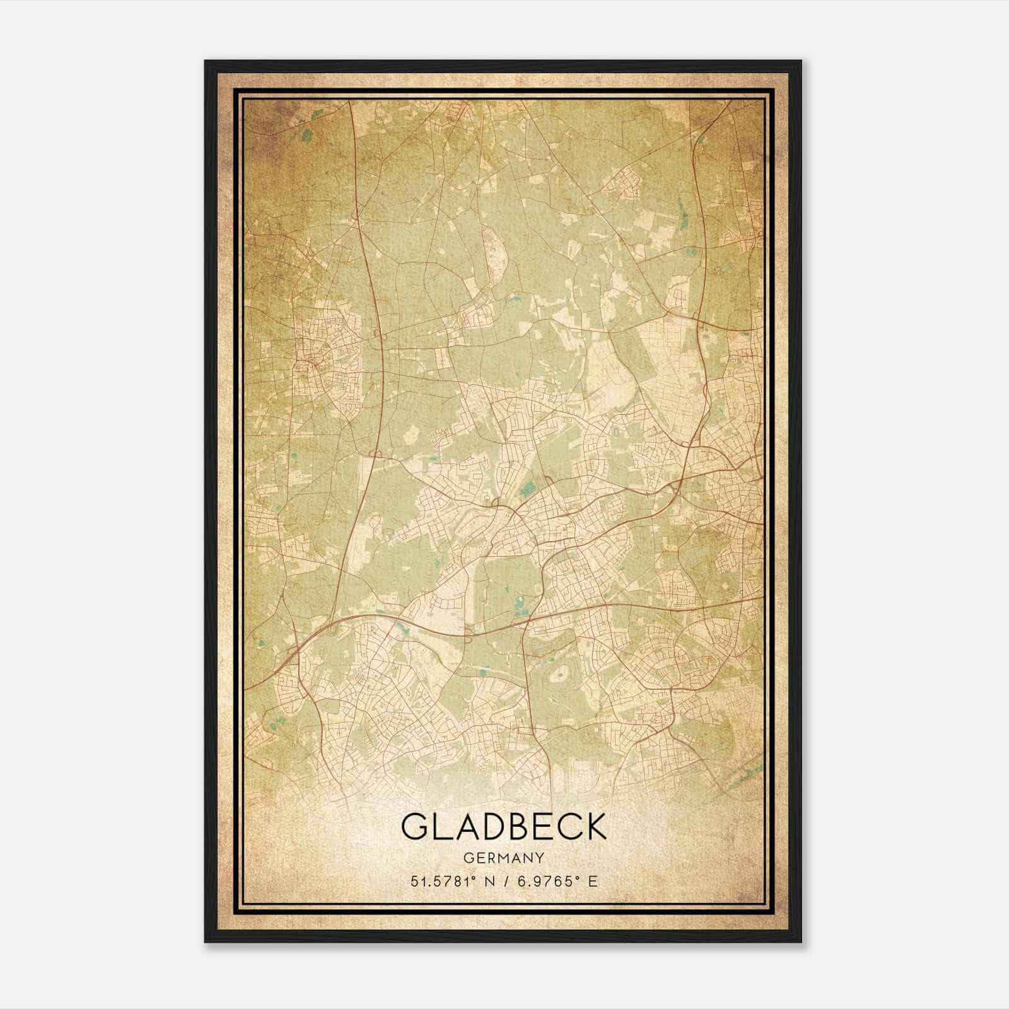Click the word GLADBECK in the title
coord(503,827)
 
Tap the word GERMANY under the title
coord(503,858)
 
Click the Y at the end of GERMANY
coord(539,858)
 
